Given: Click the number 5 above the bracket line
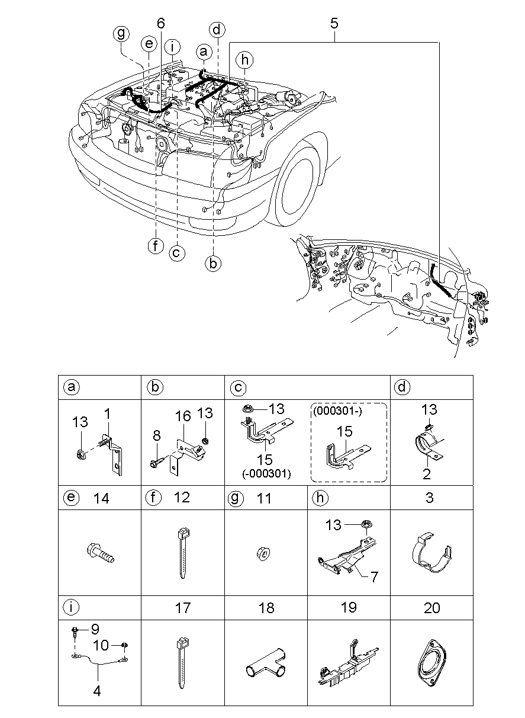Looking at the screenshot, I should [x=334, y=24].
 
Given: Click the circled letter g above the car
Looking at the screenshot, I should [x=121, y=34].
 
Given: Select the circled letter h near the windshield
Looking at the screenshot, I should [x=243, y=59].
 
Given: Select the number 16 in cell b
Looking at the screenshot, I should [x=183, y=417].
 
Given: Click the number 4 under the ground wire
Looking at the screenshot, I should [x=97, y=690].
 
